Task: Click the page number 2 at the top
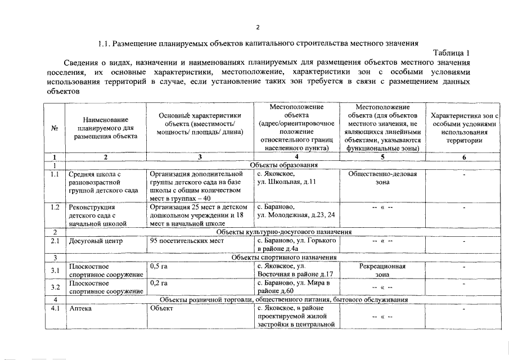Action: (257, 27)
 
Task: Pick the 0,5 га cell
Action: (159, 267)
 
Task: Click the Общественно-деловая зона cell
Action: (382, 178)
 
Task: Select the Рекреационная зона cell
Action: (382, 271)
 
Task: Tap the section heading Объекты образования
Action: (284, 165)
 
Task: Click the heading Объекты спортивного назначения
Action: (284, 257)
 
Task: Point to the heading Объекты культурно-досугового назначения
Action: (284, 232)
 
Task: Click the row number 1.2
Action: (55, 207)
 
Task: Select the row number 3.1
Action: (55, 271)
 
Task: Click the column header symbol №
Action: (55, 128)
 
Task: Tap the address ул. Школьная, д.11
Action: (286, 183)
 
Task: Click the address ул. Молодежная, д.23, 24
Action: (295, 215)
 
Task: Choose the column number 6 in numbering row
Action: (464, 157)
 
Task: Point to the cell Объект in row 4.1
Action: (162, 309)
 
